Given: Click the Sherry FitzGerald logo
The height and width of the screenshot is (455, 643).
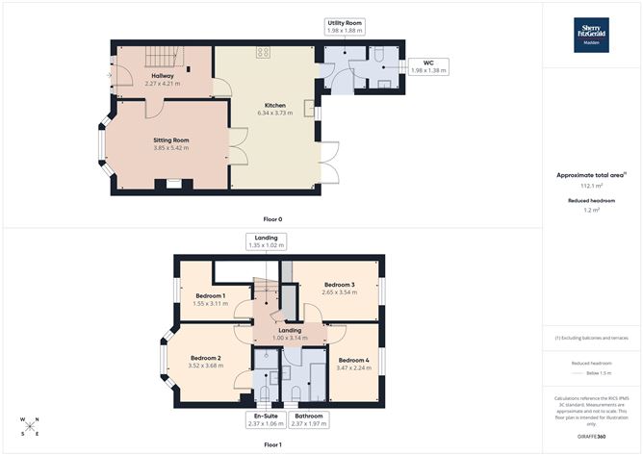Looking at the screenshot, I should pos(592,32).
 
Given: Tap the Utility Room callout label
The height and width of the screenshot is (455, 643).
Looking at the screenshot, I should pos(344,26).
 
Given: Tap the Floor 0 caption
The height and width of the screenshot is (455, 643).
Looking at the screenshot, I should pos(271,219).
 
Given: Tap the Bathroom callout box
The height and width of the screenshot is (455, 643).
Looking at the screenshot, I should pos(309,419).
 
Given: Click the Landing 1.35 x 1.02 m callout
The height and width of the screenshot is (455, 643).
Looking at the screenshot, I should pos(267,241).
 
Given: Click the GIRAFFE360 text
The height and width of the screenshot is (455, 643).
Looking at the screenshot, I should pos(592,436).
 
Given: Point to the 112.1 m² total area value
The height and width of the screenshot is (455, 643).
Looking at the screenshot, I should pos(592,186).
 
